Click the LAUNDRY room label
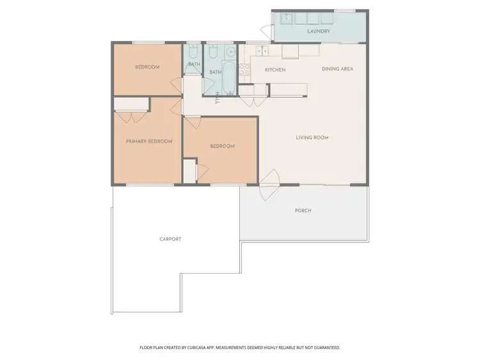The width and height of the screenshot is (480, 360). pyautogui.click(x=318, y=31)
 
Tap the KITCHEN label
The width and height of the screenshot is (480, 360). pyautogui.click(x=275, y=70)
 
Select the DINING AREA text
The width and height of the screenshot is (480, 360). pyautogui.click(x=337, y=69)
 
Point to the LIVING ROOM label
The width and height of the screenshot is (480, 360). pyautogui.click(x=312, y=137)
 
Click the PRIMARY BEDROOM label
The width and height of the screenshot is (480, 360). pyautogui.click(x=148, y=141)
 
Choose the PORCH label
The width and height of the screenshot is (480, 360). pyautogui.click(x=303, y=210)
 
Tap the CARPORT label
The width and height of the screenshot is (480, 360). pyautogui.click(x=170, y=239)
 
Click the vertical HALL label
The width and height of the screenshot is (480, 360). pyautogui.click(x=218, y=98)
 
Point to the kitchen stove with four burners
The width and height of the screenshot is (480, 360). pyautogui.click(x=244, y=72)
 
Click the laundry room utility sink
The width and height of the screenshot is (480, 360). pyautogui.click(x=286, y=19)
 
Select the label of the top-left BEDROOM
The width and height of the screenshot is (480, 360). pyautogui.click(x=147, y=67)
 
